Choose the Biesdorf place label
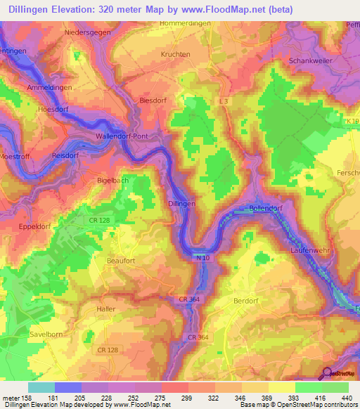[x=154, y=100]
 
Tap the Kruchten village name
[x=176, y=54]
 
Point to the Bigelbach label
[x=112, y=181]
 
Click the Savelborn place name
[x=47, y=335]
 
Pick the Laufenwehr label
[x=310, y=250]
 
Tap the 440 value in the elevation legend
[x=346, y=397]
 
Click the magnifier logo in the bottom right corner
[x=328, y=374]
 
